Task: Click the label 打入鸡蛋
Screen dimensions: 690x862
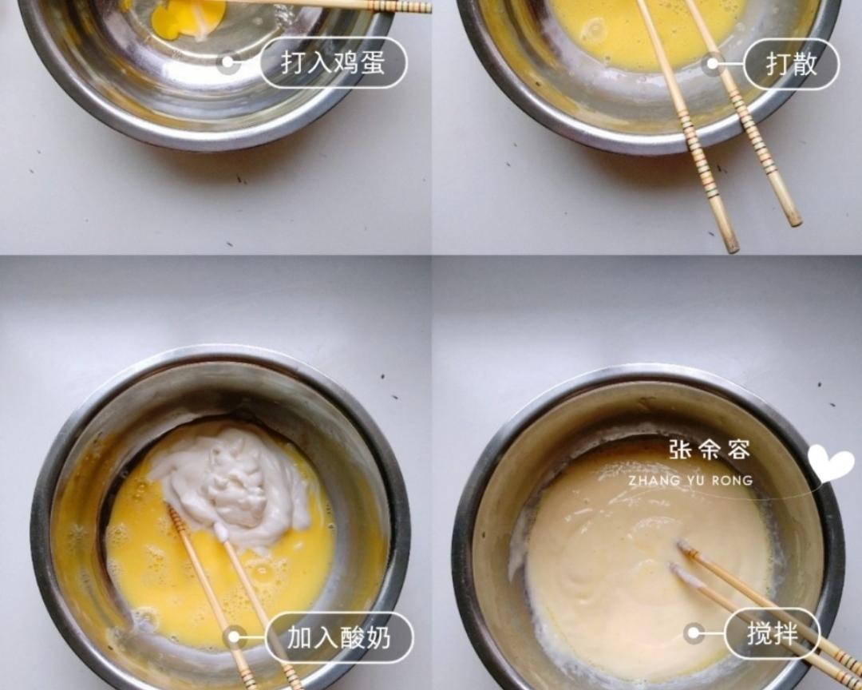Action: coord(334,63)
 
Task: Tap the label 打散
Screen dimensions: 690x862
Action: coord(791,64)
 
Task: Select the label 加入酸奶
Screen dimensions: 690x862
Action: coord(339,637)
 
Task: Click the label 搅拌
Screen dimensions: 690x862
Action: coord(772,634)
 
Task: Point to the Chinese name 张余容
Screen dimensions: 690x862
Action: coord(710,450)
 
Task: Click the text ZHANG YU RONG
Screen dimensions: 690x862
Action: coord(690,481)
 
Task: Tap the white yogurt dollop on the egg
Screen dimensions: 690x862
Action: coord(231,483)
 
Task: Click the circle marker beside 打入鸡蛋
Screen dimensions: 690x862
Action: coord(229,63)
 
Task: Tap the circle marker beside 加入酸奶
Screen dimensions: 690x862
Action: coord(234,637)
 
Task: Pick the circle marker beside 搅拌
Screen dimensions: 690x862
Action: coord(694,634)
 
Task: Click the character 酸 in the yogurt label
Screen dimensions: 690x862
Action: coord(352,637)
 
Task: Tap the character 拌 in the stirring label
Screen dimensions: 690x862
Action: coord(785,634)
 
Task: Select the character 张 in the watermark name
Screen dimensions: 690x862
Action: coord(679,450)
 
